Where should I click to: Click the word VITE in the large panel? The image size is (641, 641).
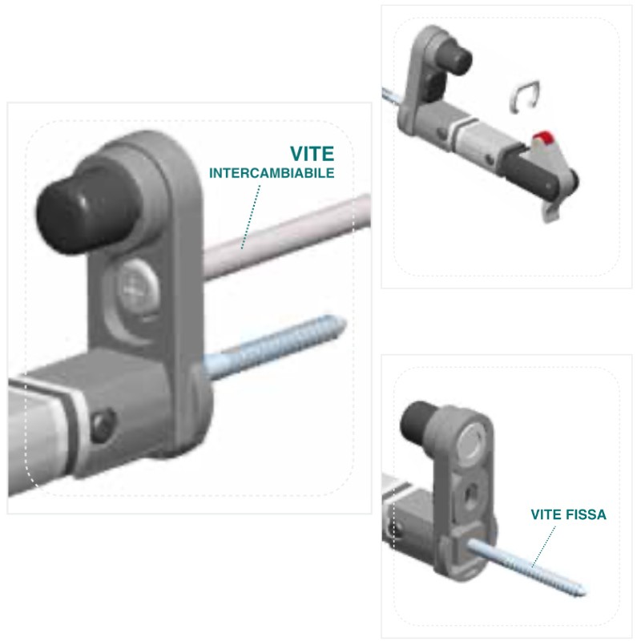tap(311, 153)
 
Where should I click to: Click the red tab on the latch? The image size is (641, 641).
tap(545, 139)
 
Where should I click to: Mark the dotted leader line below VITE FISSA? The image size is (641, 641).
tap(546, 546)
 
